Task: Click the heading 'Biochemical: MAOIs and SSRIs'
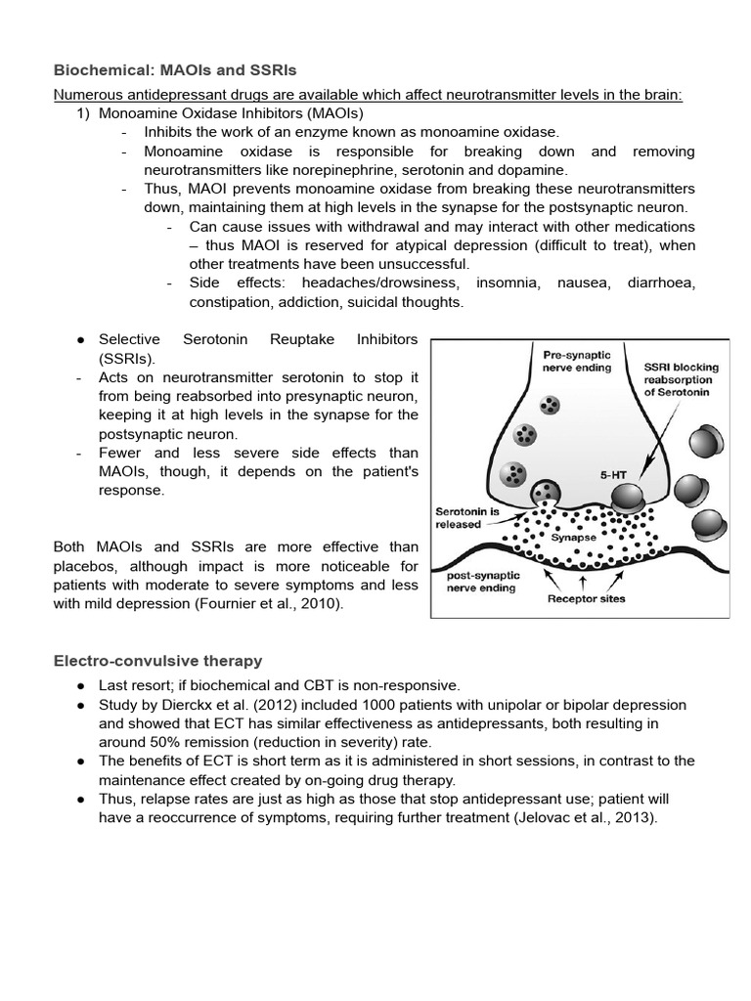pyautogui.click(x=174, y=70)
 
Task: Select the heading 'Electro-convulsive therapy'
pyautogui.click(x=157, y=662)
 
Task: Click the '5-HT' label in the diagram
pyautogui.click(x=612, y=475)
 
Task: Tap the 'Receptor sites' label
pyautogui.click(x=585, y=599)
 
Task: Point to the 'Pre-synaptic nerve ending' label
pyautogui.click(x=576, y=359)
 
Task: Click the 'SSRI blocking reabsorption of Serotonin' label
pyautogui.click(x=681, y=379)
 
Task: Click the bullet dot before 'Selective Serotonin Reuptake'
pyautogui.click(x=79, y=339)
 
